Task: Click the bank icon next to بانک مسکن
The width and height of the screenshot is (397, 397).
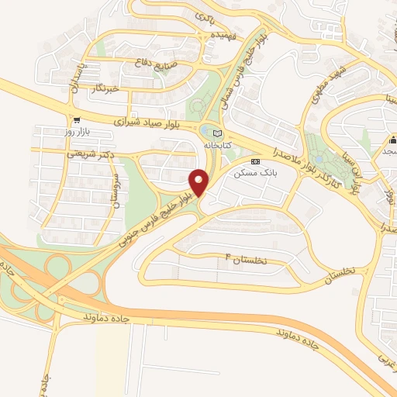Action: click(x=255, y=163)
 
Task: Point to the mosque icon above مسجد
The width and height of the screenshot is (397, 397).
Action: click(x=393, y=142)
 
